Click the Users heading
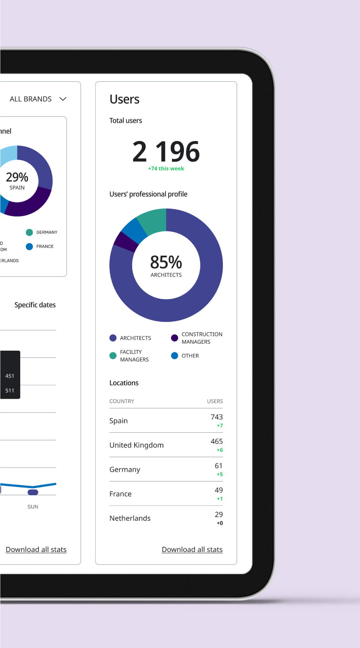pyautogui.click(x=124, y=100)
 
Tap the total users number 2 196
pyautogui.click(x=166, y=152)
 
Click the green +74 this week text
pyautogui.click(x=166, y=169)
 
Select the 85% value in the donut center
pyautogui.click(x=166, y=262)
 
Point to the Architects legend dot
pyautogui.click(x=113, y=338)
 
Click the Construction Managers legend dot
pyautogui.click(x=175, y=338)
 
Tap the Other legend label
pyautogui.click(x=190, y=356)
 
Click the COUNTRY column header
pyautogui.click(x=122, y=401)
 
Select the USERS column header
pyautogui.click(x=215, y=401)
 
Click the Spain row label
pyautogui.click(x=118, y=421)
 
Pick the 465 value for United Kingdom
pyautogui.click(x=217, y=442)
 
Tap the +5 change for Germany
pyautogui.click(x=220, y=474)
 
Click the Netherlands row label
pyautogui.click(x=130, y=518)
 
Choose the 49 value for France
pyautogui.click(x=219, y=490)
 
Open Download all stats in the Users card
pyautogui.click(x=192, y=550)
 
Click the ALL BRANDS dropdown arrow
pyautogui.click(x=63, y=99)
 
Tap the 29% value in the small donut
pyautogui.click(x=17, y=177)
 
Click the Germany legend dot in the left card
pyautogui.click(x=29, y=232)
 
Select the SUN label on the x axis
pyautogui.click(x=33, y=507)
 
